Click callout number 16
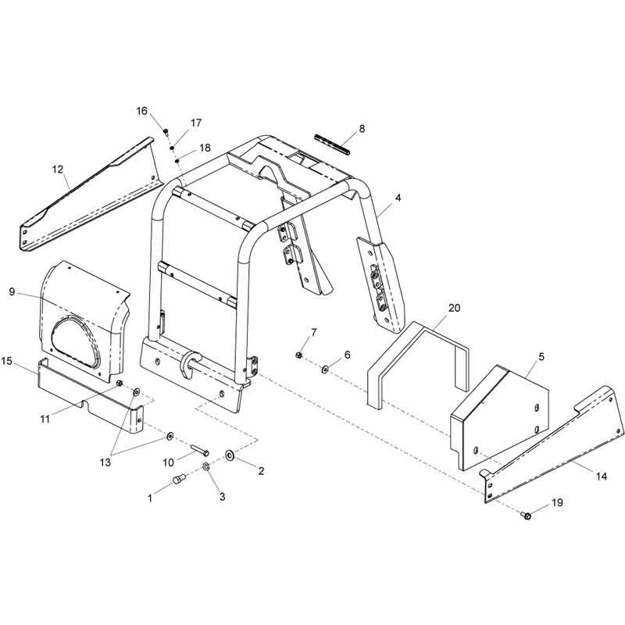(x=142, y=111)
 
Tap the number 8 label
(x=362, y=128)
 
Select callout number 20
(x=455, y=308)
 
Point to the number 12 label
(x=58, y=170)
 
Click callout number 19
(x=557, y=502)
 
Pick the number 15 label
(x=7, y=361)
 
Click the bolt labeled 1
(x=180, y=479)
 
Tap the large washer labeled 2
(x=230, y=455)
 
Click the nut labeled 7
(x=298, y=355)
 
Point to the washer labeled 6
(x=325, y=370)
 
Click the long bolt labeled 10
(x=200, y=450)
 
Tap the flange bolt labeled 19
(x=526, y=516)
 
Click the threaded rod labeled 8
(x=331, y=145)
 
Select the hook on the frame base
(x=189, y=363)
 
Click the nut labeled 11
(x=119, y=384)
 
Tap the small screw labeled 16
(x=166, y=130)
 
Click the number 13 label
(x=105, y=462)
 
